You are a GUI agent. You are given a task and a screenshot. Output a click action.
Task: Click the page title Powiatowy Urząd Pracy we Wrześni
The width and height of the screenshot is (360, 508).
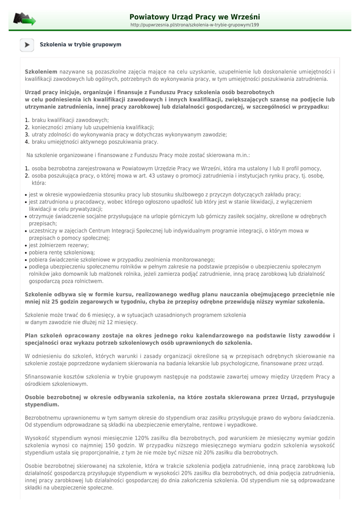(x=194, y=17)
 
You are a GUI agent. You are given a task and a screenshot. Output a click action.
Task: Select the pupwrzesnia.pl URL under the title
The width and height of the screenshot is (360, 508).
(x=194, y=25)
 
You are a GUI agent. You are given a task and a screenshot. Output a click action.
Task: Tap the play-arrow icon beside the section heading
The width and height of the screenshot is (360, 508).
(x=27, y=45)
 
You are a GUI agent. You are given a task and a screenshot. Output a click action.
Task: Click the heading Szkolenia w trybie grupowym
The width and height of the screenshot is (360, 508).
(x=80, y=45)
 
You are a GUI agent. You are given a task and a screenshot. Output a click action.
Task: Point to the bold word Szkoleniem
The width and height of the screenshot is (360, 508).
(x=41, y=72)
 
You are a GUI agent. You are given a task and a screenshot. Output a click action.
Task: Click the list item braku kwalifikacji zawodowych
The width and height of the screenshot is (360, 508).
(x=70, y=120)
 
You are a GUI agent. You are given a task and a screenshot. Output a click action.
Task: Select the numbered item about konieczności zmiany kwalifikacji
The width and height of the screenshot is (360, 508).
(x=93, y=127)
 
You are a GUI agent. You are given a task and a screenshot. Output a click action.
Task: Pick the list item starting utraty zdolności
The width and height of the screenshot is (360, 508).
(x=129, y=134)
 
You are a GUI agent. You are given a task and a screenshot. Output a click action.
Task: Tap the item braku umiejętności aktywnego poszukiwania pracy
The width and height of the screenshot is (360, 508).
(x=95, y=142)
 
